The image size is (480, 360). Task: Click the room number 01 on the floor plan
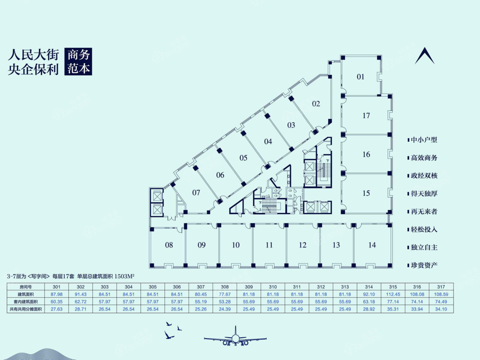tap(361, 77)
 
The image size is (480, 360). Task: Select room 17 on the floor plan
tap(366, 116)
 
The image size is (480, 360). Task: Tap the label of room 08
tap(169, 245)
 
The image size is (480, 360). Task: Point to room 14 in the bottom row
tap(372, 245)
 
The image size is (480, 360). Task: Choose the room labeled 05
tap(243, 158)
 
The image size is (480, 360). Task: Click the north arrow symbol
tap(425, 56)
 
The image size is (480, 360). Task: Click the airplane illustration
tap(235, 336)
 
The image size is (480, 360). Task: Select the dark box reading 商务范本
tap(78, 62)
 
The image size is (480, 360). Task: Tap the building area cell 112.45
tap(393, 294)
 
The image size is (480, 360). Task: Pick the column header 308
tap(225, 287)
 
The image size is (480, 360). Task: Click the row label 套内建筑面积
tap(26, 302)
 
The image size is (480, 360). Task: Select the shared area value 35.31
tap(393, 309)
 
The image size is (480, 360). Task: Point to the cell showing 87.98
tap(57, 294)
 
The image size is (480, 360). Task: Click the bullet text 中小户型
tap(424, 140)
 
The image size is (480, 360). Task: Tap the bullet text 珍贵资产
tap(424, 265)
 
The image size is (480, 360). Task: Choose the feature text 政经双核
tap(424, 176)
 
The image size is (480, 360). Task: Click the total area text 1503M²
tap(124, 276)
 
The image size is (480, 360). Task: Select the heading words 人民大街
tap(34, 55)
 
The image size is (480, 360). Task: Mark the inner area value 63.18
tap(369, 302)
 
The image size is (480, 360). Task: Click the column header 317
tap(441, 287)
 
